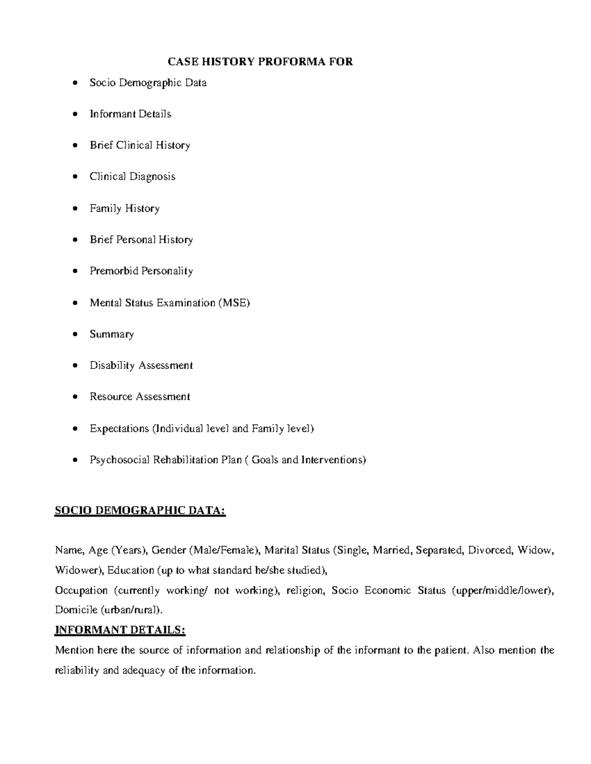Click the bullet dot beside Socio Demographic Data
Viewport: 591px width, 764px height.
tap(74, 83)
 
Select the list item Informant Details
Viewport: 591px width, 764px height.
tap(130, 114)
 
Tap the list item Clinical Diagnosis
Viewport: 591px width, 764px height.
tap(132, 177)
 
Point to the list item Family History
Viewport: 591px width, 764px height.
tap(124, 209)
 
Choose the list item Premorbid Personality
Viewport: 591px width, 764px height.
tap(141, 271)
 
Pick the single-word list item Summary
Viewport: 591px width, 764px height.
tap(111, 335)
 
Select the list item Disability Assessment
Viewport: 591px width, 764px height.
tap(141, 366)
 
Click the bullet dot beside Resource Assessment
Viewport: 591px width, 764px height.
tap(74, 397)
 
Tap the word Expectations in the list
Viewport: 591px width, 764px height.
tap(119, 428)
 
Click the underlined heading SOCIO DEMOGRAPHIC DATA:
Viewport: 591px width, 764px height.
tap(140, 512)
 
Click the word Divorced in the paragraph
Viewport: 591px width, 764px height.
tap(490, 550)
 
